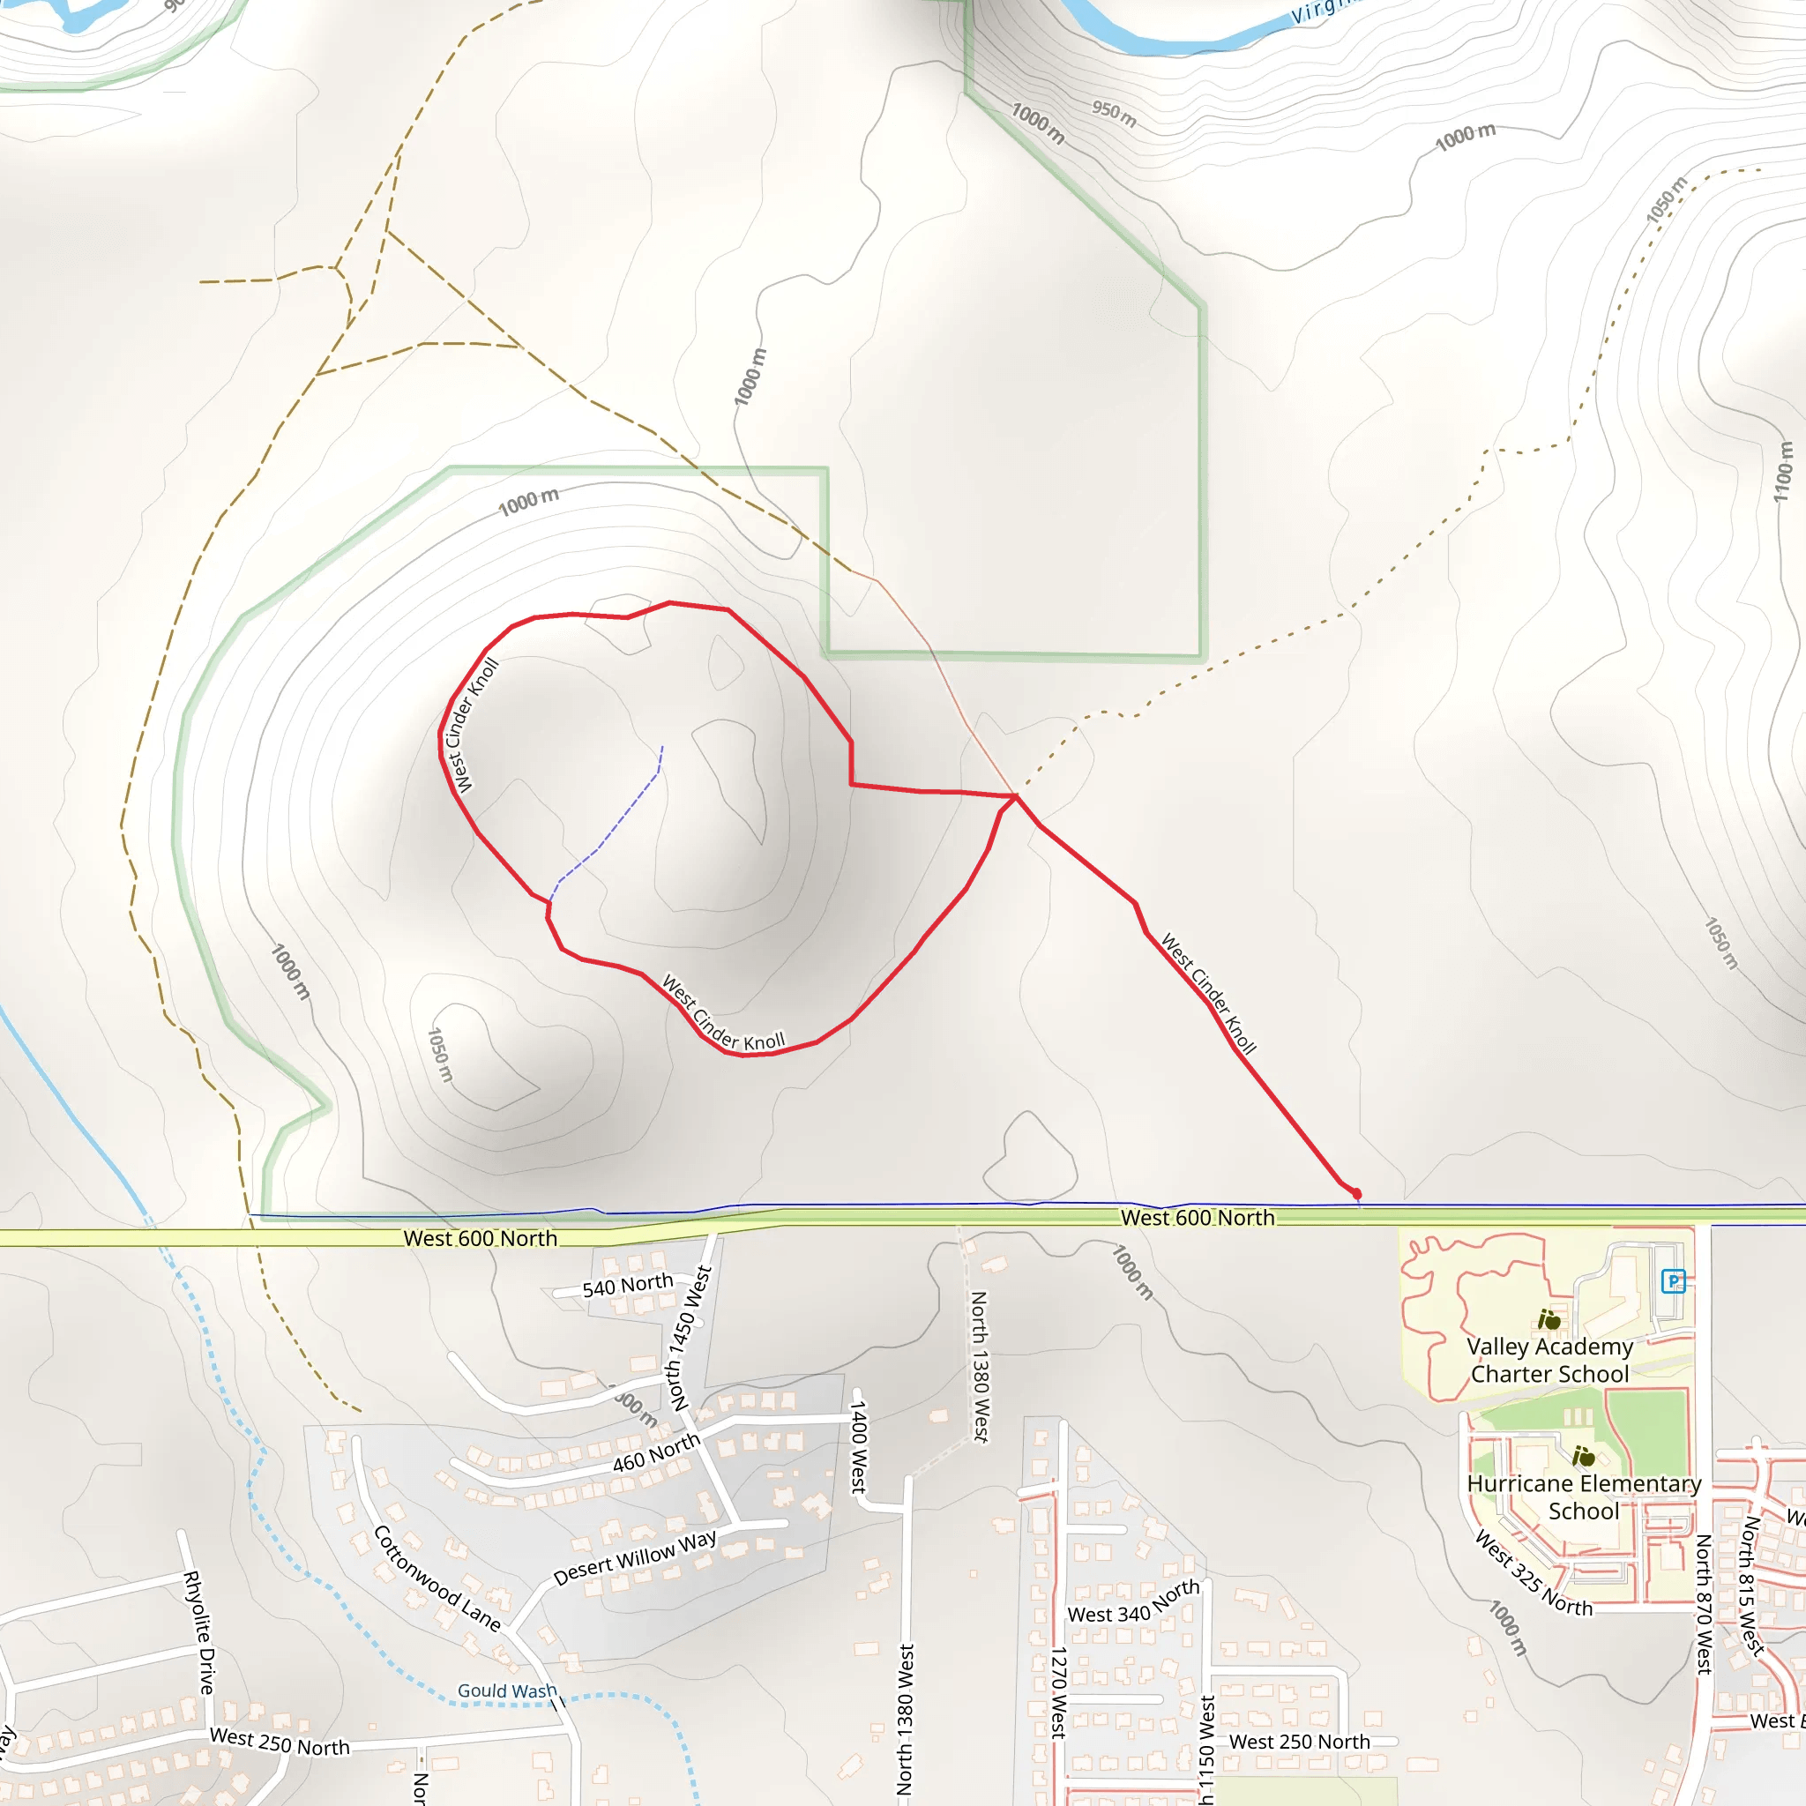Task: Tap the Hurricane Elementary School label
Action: click(1584, 1496)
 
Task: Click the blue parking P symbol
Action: click(1673, 1280)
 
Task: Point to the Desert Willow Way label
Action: click(635, 1557)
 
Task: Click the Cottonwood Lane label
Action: click(437, 1578)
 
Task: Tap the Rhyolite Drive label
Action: click(199, 1632)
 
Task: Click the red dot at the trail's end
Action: click(1356, 1194)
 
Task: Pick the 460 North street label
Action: click(656, 1452)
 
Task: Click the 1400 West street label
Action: click(858, 1446)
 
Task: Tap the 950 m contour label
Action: click(1115, 113)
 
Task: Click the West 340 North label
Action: click(1133, 1601)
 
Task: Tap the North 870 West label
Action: click(1703, 1602)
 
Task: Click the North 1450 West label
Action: click(690, 1338)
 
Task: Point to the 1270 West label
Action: click(1058, 1693)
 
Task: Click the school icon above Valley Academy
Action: click(1549, 1320)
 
